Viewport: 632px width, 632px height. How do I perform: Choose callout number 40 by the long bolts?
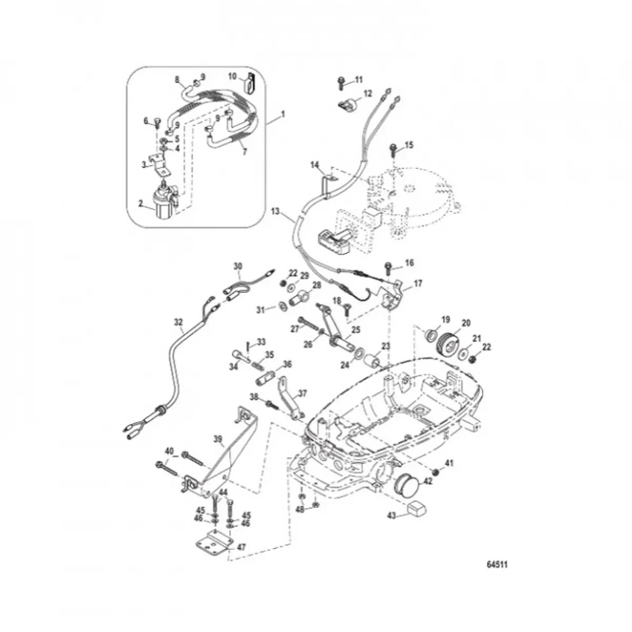pos(169,451)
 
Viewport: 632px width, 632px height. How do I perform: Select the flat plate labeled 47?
pos(215,544)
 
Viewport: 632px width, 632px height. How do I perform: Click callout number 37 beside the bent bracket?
pos(302,392)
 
